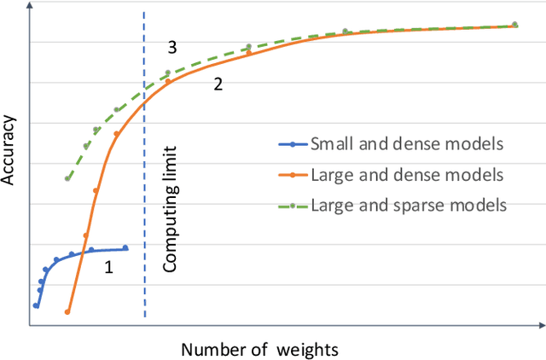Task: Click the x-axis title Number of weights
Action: point(259,349)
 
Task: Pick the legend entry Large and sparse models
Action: point(409,205)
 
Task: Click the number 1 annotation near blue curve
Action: point(108,268)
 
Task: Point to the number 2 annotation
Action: point(218,84)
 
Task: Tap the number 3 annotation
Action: point(171,46)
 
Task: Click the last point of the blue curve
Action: point(125,248)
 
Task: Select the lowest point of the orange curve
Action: point(67,312)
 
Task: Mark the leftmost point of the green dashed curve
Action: point(67,178)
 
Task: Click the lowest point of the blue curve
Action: point(36,305)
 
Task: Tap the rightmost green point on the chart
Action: point(514,25)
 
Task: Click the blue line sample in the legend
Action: point(293,144)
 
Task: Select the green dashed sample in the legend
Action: point(293,205)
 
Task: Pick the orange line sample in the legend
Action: point(293,175)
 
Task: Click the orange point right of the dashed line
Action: point(168,82)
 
